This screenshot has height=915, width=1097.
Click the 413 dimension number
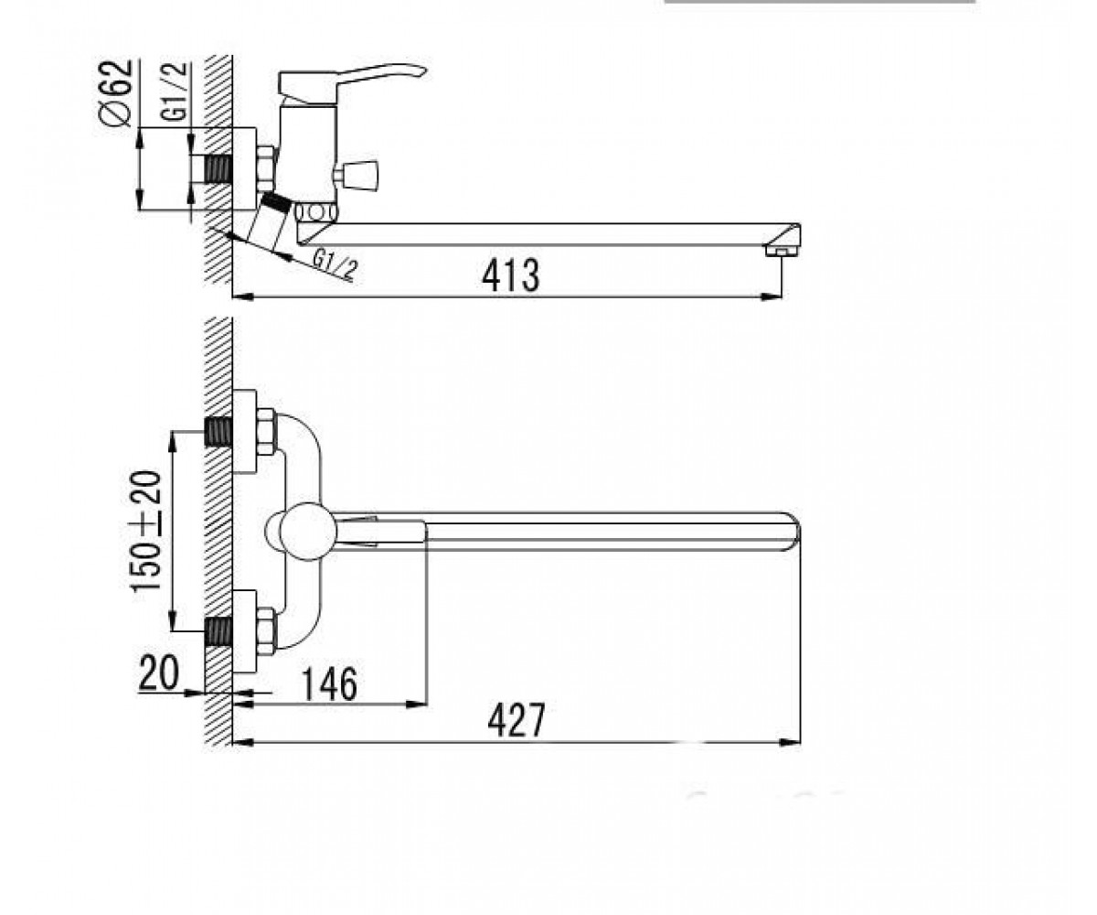pyautogui.click(x=511, y=275)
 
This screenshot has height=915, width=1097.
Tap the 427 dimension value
pyautogui.click(x=517, y=720)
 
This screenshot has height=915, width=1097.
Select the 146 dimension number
pyautogui.click(x=329, y=684)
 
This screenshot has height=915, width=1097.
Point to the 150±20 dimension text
pyautogui.click(x=146, y=531)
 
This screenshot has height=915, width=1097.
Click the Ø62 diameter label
pyautogui.click(x=118, y=92)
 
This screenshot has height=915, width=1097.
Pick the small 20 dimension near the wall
pyautogui.click(x=159, y=673)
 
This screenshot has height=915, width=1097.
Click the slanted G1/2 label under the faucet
pyautogui.click(x=335, y=264)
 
